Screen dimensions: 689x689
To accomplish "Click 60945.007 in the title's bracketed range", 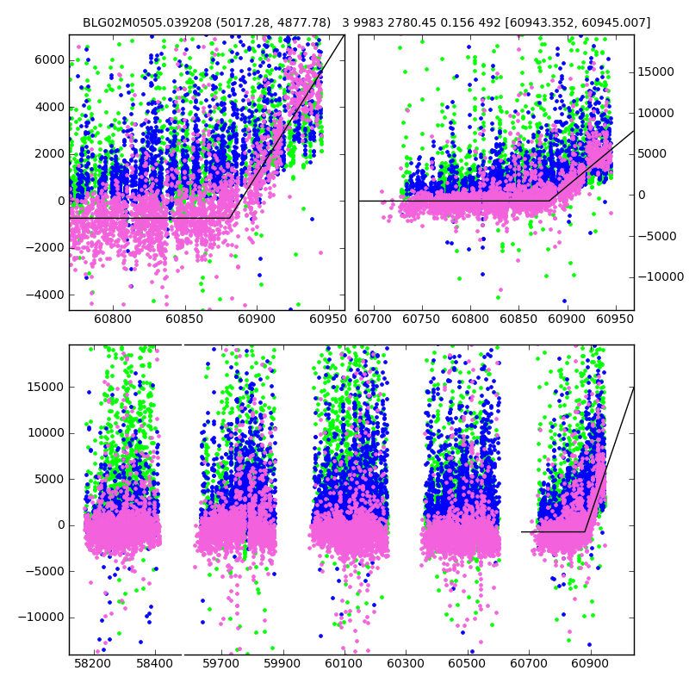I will coord(618,22).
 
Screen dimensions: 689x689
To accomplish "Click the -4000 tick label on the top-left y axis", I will coord(47,295).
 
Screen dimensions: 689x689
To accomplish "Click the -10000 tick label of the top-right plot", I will coord(662,276).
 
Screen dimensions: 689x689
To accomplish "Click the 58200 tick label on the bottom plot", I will coord(92,664).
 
